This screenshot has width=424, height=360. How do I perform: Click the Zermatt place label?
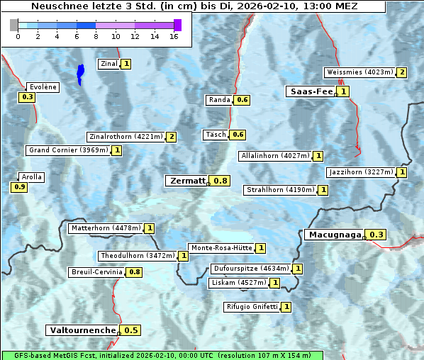coord(186,181)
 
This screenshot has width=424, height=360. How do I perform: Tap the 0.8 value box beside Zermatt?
coord(221,181)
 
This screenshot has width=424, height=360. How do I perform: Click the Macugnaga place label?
coord(333,235)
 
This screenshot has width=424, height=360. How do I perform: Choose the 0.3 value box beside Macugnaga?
coord(376,235)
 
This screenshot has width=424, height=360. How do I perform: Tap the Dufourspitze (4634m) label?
coord(251,269)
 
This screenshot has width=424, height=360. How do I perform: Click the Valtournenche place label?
coord(82,330)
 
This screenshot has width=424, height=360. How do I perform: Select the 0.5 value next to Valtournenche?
coord(131,330)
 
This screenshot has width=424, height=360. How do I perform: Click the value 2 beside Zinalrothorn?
coord(171,137)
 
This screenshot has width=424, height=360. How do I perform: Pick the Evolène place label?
coord(43,87)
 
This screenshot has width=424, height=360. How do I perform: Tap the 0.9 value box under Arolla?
coord(19,187)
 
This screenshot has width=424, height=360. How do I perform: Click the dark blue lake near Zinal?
coord(80,72)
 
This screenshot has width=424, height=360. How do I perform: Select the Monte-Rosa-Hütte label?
coord(221,248)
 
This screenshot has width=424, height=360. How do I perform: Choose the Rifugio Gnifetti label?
coord(252,307)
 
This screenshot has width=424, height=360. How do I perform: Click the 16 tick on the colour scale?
coord(174,37)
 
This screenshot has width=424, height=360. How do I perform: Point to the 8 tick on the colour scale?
coord(96,37)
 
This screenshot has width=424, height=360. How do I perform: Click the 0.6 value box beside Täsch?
coord(238,135)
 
